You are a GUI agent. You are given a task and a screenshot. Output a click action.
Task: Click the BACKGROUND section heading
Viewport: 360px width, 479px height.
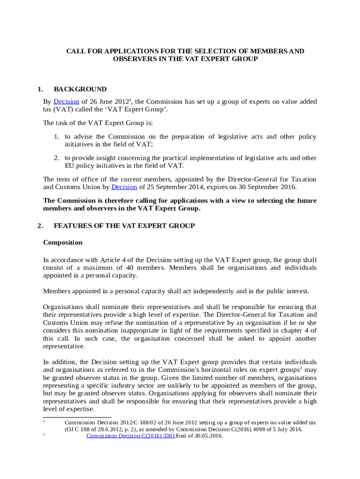(80, 89)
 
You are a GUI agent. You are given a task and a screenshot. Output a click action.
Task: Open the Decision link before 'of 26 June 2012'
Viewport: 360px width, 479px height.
(66, 102)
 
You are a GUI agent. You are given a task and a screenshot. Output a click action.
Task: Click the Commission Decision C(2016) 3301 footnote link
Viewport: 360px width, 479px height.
(130, 436)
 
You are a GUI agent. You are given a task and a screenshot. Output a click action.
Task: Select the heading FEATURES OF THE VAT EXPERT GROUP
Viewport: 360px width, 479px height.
(124, 226)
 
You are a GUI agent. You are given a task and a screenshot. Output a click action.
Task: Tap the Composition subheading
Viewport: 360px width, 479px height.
(63, 243)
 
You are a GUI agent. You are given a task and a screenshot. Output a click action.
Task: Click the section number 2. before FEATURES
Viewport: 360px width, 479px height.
(40, 226)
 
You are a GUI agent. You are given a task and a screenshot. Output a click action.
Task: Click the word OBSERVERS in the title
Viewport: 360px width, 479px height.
(134, 59)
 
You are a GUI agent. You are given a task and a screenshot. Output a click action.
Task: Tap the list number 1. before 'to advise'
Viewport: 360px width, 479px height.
(55, 137)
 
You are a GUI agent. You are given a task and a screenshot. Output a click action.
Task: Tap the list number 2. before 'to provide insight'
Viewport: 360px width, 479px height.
(55, 158)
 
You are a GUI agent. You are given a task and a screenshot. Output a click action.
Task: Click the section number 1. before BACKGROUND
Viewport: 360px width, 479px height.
(40, 89)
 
